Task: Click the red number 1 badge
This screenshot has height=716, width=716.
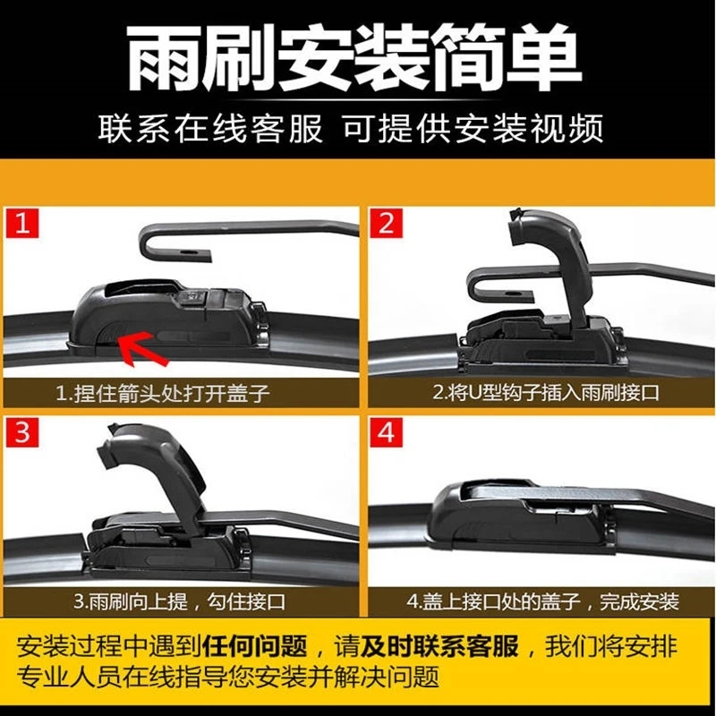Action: (x=21, y=223)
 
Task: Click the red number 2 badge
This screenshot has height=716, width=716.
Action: (x=387, y=223)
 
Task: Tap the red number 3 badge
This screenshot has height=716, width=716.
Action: (x=21, y=431)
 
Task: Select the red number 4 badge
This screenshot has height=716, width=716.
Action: (x=387, y=431)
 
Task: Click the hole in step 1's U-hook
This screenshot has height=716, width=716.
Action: (x=188, y=252)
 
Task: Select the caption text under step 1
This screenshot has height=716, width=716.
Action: (x=163, y=393)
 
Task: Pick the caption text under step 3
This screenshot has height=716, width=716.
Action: (x=179, y=601)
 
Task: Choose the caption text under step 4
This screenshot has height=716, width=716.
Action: (x=542, y=601)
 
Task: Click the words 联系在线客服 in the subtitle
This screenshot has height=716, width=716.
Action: (x=210, y=129)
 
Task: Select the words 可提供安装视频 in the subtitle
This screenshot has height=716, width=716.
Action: (x=473, y=129)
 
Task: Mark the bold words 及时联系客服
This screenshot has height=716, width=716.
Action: (x=439, y=646)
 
